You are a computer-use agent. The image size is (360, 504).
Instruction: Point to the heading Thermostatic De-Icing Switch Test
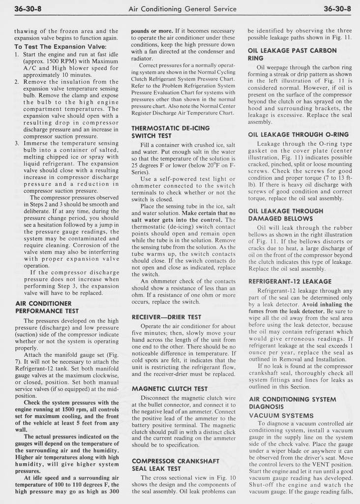(170, 131)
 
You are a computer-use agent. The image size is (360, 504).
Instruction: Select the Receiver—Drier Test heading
(166, 317)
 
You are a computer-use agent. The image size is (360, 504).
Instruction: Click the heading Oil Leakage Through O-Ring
(299, 134)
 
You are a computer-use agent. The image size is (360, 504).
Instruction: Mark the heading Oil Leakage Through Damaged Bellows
(286, 214)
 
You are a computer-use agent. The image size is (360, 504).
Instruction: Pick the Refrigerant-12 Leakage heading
(290, 281)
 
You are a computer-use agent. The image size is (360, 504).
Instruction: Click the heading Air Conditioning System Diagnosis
(287, 403)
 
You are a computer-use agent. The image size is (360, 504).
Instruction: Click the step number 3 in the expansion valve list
(17, 143)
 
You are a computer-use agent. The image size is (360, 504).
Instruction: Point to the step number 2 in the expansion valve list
(17, 82)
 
